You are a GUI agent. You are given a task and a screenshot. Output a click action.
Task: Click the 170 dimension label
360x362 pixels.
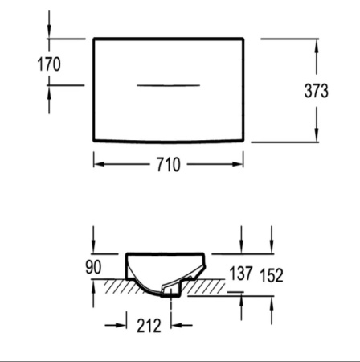pyautogui.click(x=49, y=64)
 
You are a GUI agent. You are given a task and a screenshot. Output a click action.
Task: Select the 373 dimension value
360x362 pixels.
pyautogui.click(x=316, y=91)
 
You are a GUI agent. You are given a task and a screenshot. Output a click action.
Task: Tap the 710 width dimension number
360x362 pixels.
pyautogui.click(x=168, y=164)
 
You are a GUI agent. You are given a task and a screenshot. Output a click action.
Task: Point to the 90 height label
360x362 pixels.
pyautogui.click(x=93, y=267)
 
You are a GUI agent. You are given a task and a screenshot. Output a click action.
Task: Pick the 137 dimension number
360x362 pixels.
pyautogui.click(x=241, y=274)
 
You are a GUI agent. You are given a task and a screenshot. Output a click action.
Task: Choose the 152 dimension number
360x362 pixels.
pyautogui.click(x=272, y=275)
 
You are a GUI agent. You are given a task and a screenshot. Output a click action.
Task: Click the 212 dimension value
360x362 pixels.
pyautogui.click(x=149, y=326)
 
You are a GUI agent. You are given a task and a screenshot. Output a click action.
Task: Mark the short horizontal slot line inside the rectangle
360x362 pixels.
pyautogui.click(x=168, y=85)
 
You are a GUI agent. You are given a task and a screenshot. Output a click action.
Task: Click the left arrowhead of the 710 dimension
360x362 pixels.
pyautogui.click(x=99, y=164)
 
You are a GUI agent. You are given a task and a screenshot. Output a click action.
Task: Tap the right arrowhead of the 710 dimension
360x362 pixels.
pyautogui.click(x=238, y=164)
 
